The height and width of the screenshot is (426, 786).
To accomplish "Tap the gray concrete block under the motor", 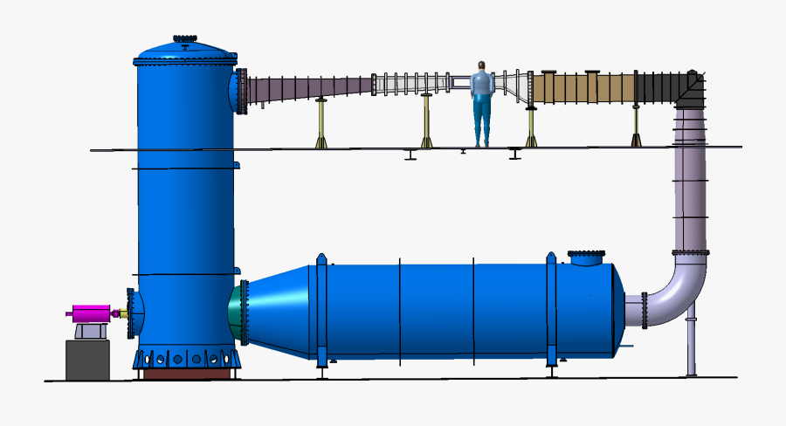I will (x=87, y=360).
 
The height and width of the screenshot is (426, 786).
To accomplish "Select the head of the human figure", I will (x=481, y=66).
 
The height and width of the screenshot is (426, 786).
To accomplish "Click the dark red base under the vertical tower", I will (x=187, y=374).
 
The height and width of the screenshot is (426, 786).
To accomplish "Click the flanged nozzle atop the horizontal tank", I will (x=586, y=258).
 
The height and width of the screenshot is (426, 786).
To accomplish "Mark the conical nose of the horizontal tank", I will (x=278, y=310).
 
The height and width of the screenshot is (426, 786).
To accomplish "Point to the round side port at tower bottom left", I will (x=132, y=313).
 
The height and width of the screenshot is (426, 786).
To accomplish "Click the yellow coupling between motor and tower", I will (x=120, y=313).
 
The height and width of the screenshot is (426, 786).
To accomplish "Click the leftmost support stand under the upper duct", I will (x=321, y=122).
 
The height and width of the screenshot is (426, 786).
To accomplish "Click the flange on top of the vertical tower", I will (x=184, y=38).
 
